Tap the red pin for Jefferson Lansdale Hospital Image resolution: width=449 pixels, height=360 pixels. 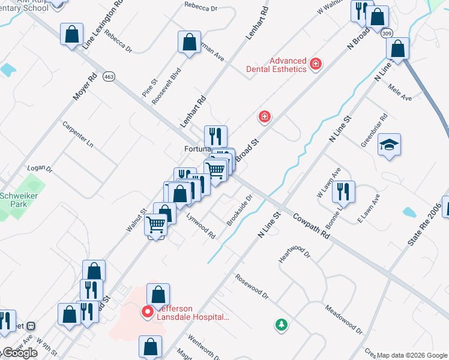pyautogui.click(x=146, y=311)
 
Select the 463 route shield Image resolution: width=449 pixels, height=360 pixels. pyautogui.click(x=109, y=76)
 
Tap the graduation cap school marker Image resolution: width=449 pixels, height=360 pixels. pyautogui.click(x=389, y=145)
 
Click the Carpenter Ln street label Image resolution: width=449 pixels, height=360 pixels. pyautogui.click(x=78, y=135)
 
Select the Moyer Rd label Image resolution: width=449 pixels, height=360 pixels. pyautogui.click(x=84, y=86)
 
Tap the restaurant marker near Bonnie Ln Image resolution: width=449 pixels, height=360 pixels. pyautogui.click(x=343, y=191)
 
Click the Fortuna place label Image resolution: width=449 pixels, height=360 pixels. pyautogui.click(x=196, y=149)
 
